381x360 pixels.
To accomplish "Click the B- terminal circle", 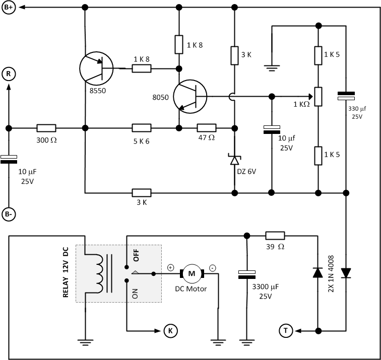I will pos(9,213).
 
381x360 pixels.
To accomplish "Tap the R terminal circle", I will pos(9,74).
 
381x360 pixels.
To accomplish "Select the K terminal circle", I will pos(170,331).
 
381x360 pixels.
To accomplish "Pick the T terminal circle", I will pos(286,331).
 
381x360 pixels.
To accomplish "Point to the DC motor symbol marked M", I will pos(191,273).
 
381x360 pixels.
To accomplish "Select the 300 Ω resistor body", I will pos(46,128).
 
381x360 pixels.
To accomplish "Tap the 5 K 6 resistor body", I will pos(141,128).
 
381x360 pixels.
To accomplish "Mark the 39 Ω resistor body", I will pos(275,235).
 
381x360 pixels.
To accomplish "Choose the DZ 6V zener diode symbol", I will pos(234,160).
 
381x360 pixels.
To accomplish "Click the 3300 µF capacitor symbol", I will pos(247,274).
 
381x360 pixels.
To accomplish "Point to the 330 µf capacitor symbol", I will pos(346,95).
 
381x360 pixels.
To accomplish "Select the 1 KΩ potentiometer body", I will pos(318,96).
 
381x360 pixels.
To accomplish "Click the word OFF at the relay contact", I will pos(136,255).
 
